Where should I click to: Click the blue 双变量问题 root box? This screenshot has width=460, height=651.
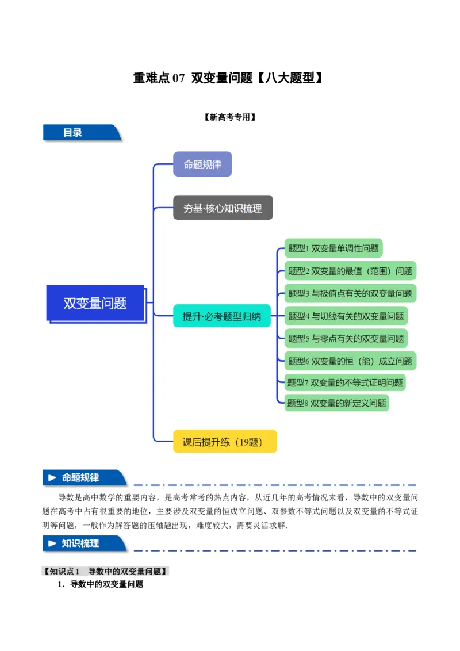pos(95,303)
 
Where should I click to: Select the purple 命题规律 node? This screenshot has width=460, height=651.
pos(202,164)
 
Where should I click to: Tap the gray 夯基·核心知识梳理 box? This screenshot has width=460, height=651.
pos(223,208)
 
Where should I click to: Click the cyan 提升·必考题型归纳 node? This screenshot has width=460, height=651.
pos(222,316)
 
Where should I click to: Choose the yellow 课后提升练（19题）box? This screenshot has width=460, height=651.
pos(225,442)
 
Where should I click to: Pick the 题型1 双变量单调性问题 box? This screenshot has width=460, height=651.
pos(333,248)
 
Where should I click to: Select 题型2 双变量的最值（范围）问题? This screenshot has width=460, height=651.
pos(350,271)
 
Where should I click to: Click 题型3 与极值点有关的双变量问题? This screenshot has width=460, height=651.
pos(350,293)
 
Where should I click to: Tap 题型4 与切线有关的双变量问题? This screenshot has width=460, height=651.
pos(346,316)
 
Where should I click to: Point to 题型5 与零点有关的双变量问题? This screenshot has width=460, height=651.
pos(346,338)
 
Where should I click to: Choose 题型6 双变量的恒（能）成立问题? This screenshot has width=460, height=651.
pos(350,361)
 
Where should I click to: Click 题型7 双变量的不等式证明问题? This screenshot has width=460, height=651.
pos(345,382)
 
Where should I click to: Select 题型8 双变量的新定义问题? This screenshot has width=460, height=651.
pos(337,403)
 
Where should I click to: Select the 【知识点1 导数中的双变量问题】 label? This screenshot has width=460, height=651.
pos(106,571)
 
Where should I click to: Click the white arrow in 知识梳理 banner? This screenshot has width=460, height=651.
pos(53,543)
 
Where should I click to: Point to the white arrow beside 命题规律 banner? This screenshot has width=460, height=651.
pos(53,478)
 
